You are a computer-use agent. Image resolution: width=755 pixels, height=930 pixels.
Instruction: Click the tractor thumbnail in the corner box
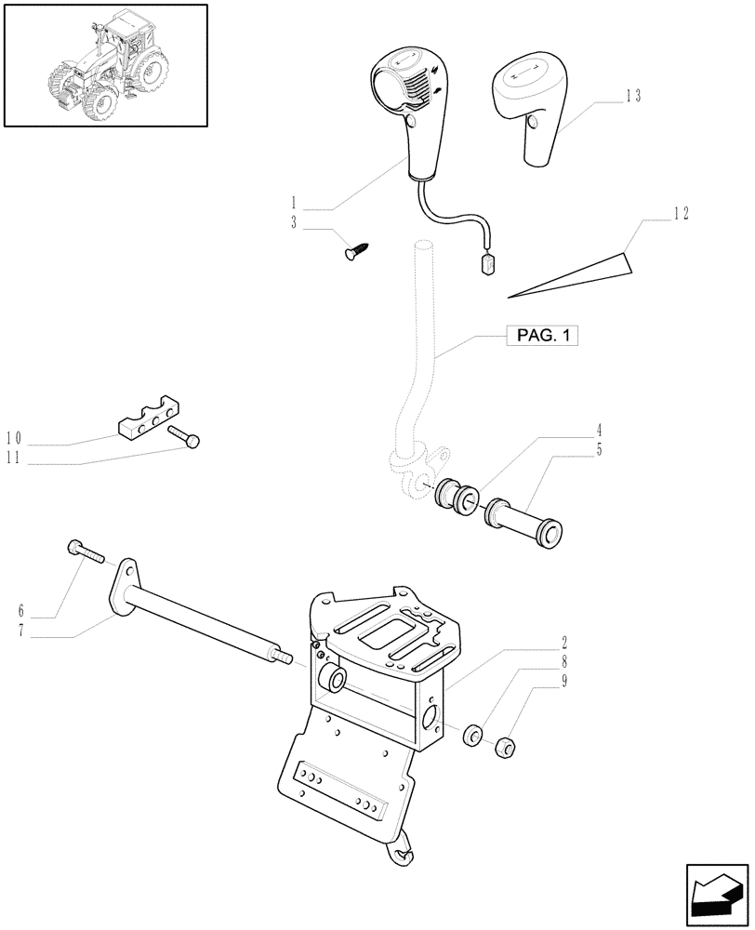tap(104, 64)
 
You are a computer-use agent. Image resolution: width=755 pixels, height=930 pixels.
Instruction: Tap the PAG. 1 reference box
tap(542, 336)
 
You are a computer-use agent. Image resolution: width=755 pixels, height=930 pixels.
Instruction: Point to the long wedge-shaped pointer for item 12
tap(567, 278)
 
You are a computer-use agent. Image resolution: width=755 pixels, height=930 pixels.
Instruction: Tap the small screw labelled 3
tap(357, 248)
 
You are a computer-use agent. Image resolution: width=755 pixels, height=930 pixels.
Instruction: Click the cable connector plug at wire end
tap(489, 265)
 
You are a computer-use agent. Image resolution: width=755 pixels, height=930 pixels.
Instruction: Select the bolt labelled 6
tap(87, 552)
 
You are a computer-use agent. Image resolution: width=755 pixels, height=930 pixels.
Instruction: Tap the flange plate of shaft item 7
tap(125, 587)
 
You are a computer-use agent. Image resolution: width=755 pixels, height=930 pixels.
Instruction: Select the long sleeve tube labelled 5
tap(526, 520)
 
